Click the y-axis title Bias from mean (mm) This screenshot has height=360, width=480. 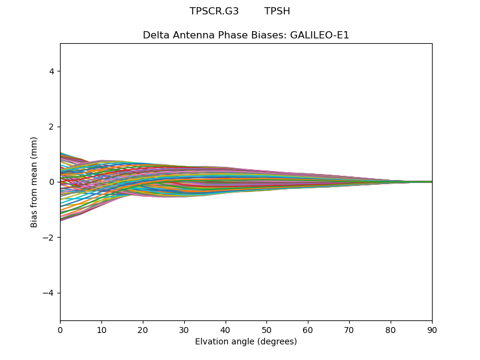pyautogui.click(x=35, y=182)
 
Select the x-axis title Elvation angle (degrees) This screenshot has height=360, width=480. pyautogui.click(x=246, y=341)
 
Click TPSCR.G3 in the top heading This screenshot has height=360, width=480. pyautogui.click(x=214, y=11)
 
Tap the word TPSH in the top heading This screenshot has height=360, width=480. pyautogui.click(x=277, y=11)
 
